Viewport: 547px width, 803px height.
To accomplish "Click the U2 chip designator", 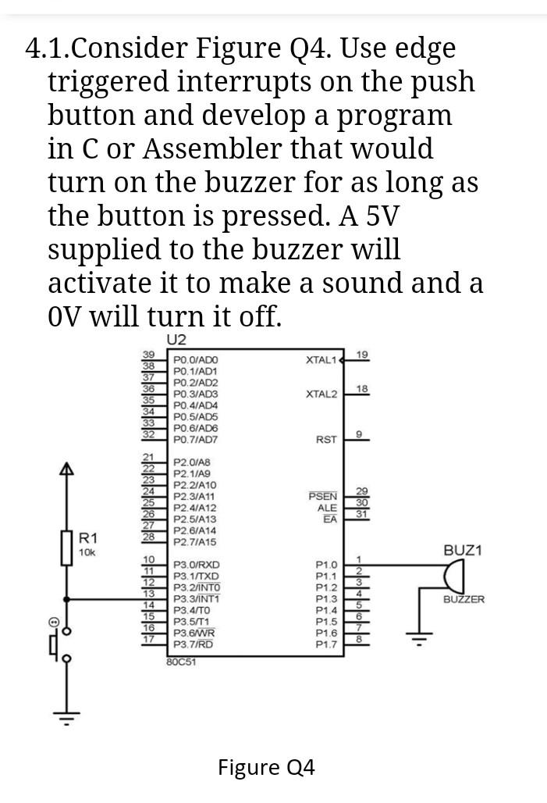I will click(x=177, y=340).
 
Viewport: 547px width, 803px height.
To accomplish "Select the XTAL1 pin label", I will click(x=321, y=360).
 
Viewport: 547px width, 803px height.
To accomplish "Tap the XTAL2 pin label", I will click(x=321, y=394).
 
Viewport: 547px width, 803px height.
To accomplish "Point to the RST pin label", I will click(x=326, y=440).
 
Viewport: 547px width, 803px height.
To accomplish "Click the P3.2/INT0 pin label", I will click(x=197, y=587).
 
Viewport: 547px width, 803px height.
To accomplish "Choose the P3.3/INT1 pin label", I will click(x=197, y=599).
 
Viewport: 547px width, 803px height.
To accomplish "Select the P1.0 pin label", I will click(x=326, y=565).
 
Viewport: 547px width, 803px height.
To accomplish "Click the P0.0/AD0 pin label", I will click(x=195, y=360).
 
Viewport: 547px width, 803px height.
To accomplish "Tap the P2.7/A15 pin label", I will click(x=195, y=541).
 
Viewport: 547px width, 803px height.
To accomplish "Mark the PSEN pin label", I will click(x=323, y=496).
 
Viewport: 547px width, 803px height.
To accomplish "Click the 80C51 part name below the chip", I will click(x=182, y=662).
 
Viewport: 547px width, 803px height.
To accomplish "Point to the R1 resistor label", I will click(x=88, y=537).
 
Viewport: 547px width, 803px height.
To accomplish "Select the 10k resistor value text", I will click(x=86, y=552).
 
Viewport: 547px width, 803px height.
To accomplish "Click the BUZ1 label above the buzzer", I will click(x=463, y=550).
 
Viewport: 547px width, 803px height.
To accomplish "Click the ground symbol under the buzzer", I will click(x=422, y=638).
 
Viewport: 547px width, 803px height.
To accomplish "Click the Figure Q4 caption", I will click(x=266, y=768).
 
